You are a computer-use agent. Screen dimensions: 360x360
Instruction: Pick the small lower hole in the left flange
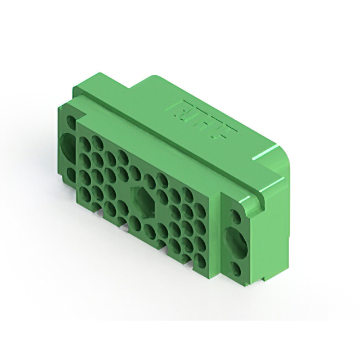(x=69, y=172)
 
